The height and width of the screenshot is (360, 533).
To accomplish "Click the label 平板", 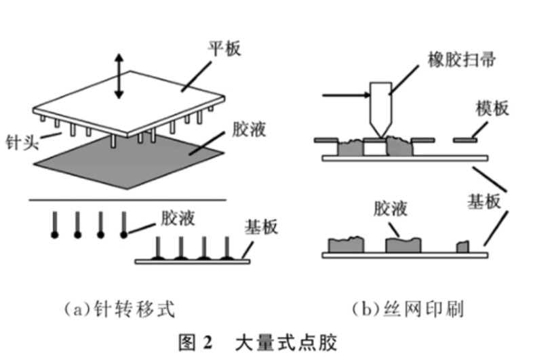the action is coord(224,48).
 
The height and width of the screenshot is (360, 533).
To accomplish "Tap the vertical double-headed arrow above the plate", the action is coord(119,76).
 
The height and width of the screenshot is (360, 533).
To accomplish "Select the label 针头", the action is coord(22,142).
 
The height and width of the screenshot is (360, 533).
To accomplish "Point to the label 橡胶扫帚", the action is coord(461,60).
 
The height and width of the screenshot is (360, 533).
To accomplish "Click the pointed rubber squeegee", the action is coord(380,108).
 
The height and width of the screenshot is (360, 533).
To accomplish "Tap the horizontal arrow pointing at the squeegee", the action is coord(346,95).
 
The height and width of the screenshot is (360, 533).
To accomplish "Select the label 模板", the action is coord(492,108).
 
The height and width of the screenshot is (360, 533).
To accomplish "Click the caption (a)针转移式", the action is coord(119,309).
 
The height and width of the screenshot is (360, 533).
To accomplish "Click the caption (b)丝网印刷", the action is coord(408,309).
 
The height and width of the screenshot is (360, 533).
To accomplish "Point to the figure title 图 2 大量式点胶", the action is coord(258,342).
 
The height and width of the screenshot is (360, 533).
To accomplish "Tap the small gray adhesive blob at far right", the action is coord(462,247).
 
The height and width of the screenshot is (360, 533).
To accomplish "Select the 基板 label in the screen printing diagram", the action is coord(484,201).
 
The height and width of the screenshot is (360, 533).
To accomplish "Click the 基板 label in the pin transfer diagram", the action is coord(261,226).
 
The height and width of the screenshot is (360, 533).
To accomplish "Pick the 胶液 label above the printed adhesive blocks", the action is coord(391,208).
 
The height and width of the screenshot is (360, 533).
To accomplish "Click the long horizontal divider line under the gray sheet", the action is coord(127,200).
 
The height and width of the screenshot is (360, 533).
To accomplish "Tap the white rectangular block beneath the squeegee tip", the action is coord(375,147).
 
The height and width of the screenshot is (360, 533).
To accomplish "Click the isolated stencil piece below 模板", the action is coord(465,140).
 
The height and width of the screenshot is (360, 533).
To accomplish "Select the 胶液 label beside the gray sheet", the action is coord(249,129).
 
